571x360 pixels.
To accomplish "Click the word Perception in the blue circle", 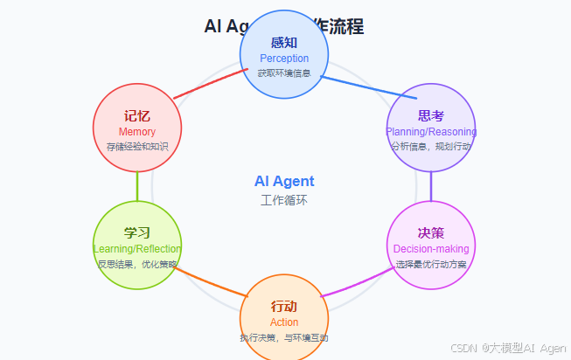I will pos(284,59).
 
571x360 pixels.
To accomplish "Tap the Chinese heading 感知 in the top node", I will pos(284,43).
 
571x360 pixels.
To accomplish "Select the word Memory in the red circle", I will pos(136,132).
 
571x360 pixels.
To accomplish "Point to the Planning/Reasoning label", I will pos(430,132).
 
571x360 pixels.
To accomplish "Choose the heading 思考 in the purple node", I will pos(430,116).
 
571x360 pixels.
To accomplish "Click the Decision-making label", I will pos(430,249).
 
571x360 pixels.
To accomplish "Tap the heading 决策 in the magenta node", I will pos(430,233).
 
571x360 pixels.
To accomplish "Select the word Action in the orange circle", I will pos(284,322).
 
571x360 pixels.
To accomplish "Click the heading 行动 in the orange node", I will pos(284,307).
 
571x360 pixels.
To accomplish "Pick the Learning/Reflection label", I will pos(137,249).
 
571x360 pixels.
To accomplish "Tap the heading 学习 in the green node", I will pos(137,233).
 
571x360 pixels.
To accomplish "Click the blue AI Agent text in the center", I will pos(284,182).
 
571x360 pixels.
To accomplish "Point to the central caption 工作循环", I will pos(284,200).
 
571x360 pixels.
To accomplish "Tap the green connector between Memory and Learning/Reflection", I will pos(137,186).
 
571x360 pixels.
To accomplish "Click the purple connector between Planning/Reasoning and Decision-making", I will pos(430,186).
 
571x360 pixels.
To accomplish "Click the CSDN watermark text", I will pos(508,348).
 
